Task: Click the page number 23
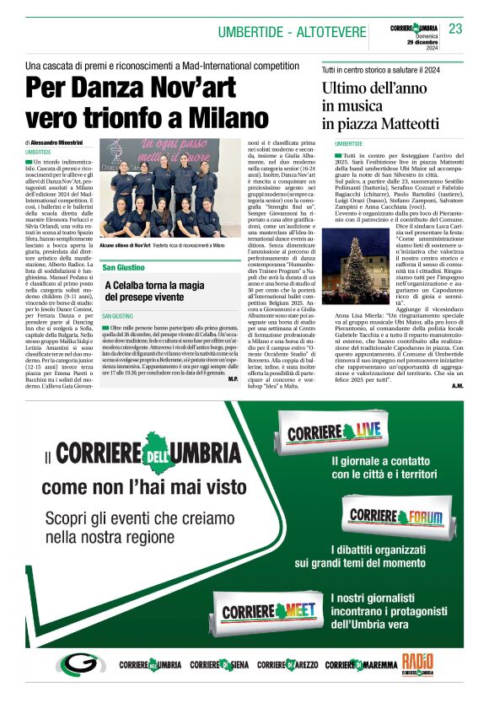455,29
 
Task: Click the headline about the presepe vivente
154,292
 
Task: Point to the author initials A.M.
457,385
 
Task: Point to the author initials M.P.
233,379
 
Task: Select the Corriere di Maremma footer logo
361,665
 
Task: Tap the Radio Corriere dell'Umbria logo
418,664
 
